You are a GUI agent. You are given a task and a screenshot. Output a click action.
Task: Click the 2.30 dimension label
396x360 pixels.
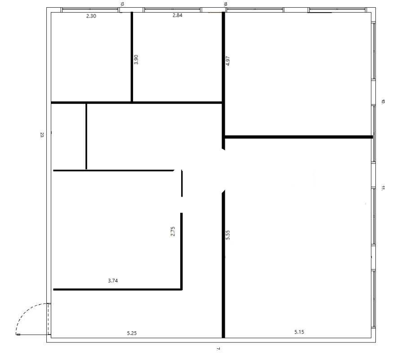pos(91,16)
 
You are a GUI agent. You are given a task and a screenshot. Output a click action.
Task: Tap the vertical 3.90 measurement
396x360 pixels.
pos(136,59)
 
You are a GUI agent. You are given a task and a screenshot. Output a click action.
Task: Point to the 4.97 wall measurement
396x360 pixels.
pos(228,61)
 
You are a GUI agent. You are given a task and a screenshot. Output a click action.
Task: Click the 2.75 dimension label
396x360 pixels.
pos(173,231)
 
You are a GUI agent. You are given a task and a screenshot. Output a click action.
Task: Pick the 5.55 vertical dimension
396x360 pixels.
pos(228,235)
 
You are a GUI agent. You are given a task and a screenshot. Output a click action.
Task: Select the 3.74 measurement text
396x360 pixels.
pos(113,280)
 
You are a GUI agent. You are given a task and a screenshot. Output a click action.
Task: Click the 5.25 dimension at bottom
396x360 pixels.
pos(132,333)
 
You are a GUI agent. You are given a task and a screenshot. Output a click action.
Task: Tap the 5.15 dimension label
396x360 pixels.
pos(299,332)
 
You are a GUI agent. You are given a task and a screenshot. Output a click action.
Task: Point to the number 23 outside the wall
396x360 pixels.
pos(42,135)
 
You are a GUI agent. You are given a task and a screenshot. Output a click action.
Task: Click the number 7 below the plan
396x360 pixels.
pos(218,349)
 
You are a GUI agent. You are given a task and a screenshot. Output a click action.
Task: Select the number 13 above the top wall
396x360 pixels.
pos(122,4)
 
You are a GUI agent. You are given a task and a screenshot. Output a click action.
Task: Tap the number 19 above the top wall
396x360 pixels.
pos(226,4)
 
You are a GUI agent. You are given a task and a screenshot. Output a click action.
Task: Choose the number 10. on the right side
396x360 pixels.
pos(383,102)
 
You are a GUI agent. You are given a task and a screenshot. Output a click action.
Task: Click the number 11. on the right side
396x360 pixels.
pos(383,188)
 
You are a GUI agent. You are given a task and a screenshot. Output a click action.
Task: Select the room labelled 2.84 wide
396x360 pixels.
pos(178,58)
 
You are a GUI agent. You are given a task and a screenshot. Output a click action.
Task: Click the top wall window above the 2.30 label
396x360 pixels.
pos(90,10)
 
